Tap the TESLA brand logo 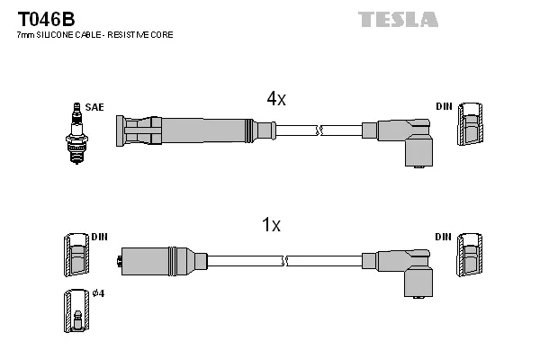pos(398,19)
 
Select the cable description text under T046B pos(94,34)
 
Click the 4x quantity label pos(275,100)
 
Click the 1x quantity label pos(271,226)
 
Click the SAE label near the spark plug pos(94,107)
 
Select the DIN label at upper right pos(444,107)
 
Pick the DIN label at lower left pos(99,237)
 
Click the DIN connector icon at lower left pos(75,255)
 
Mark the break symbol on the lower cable pos(284,261)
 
